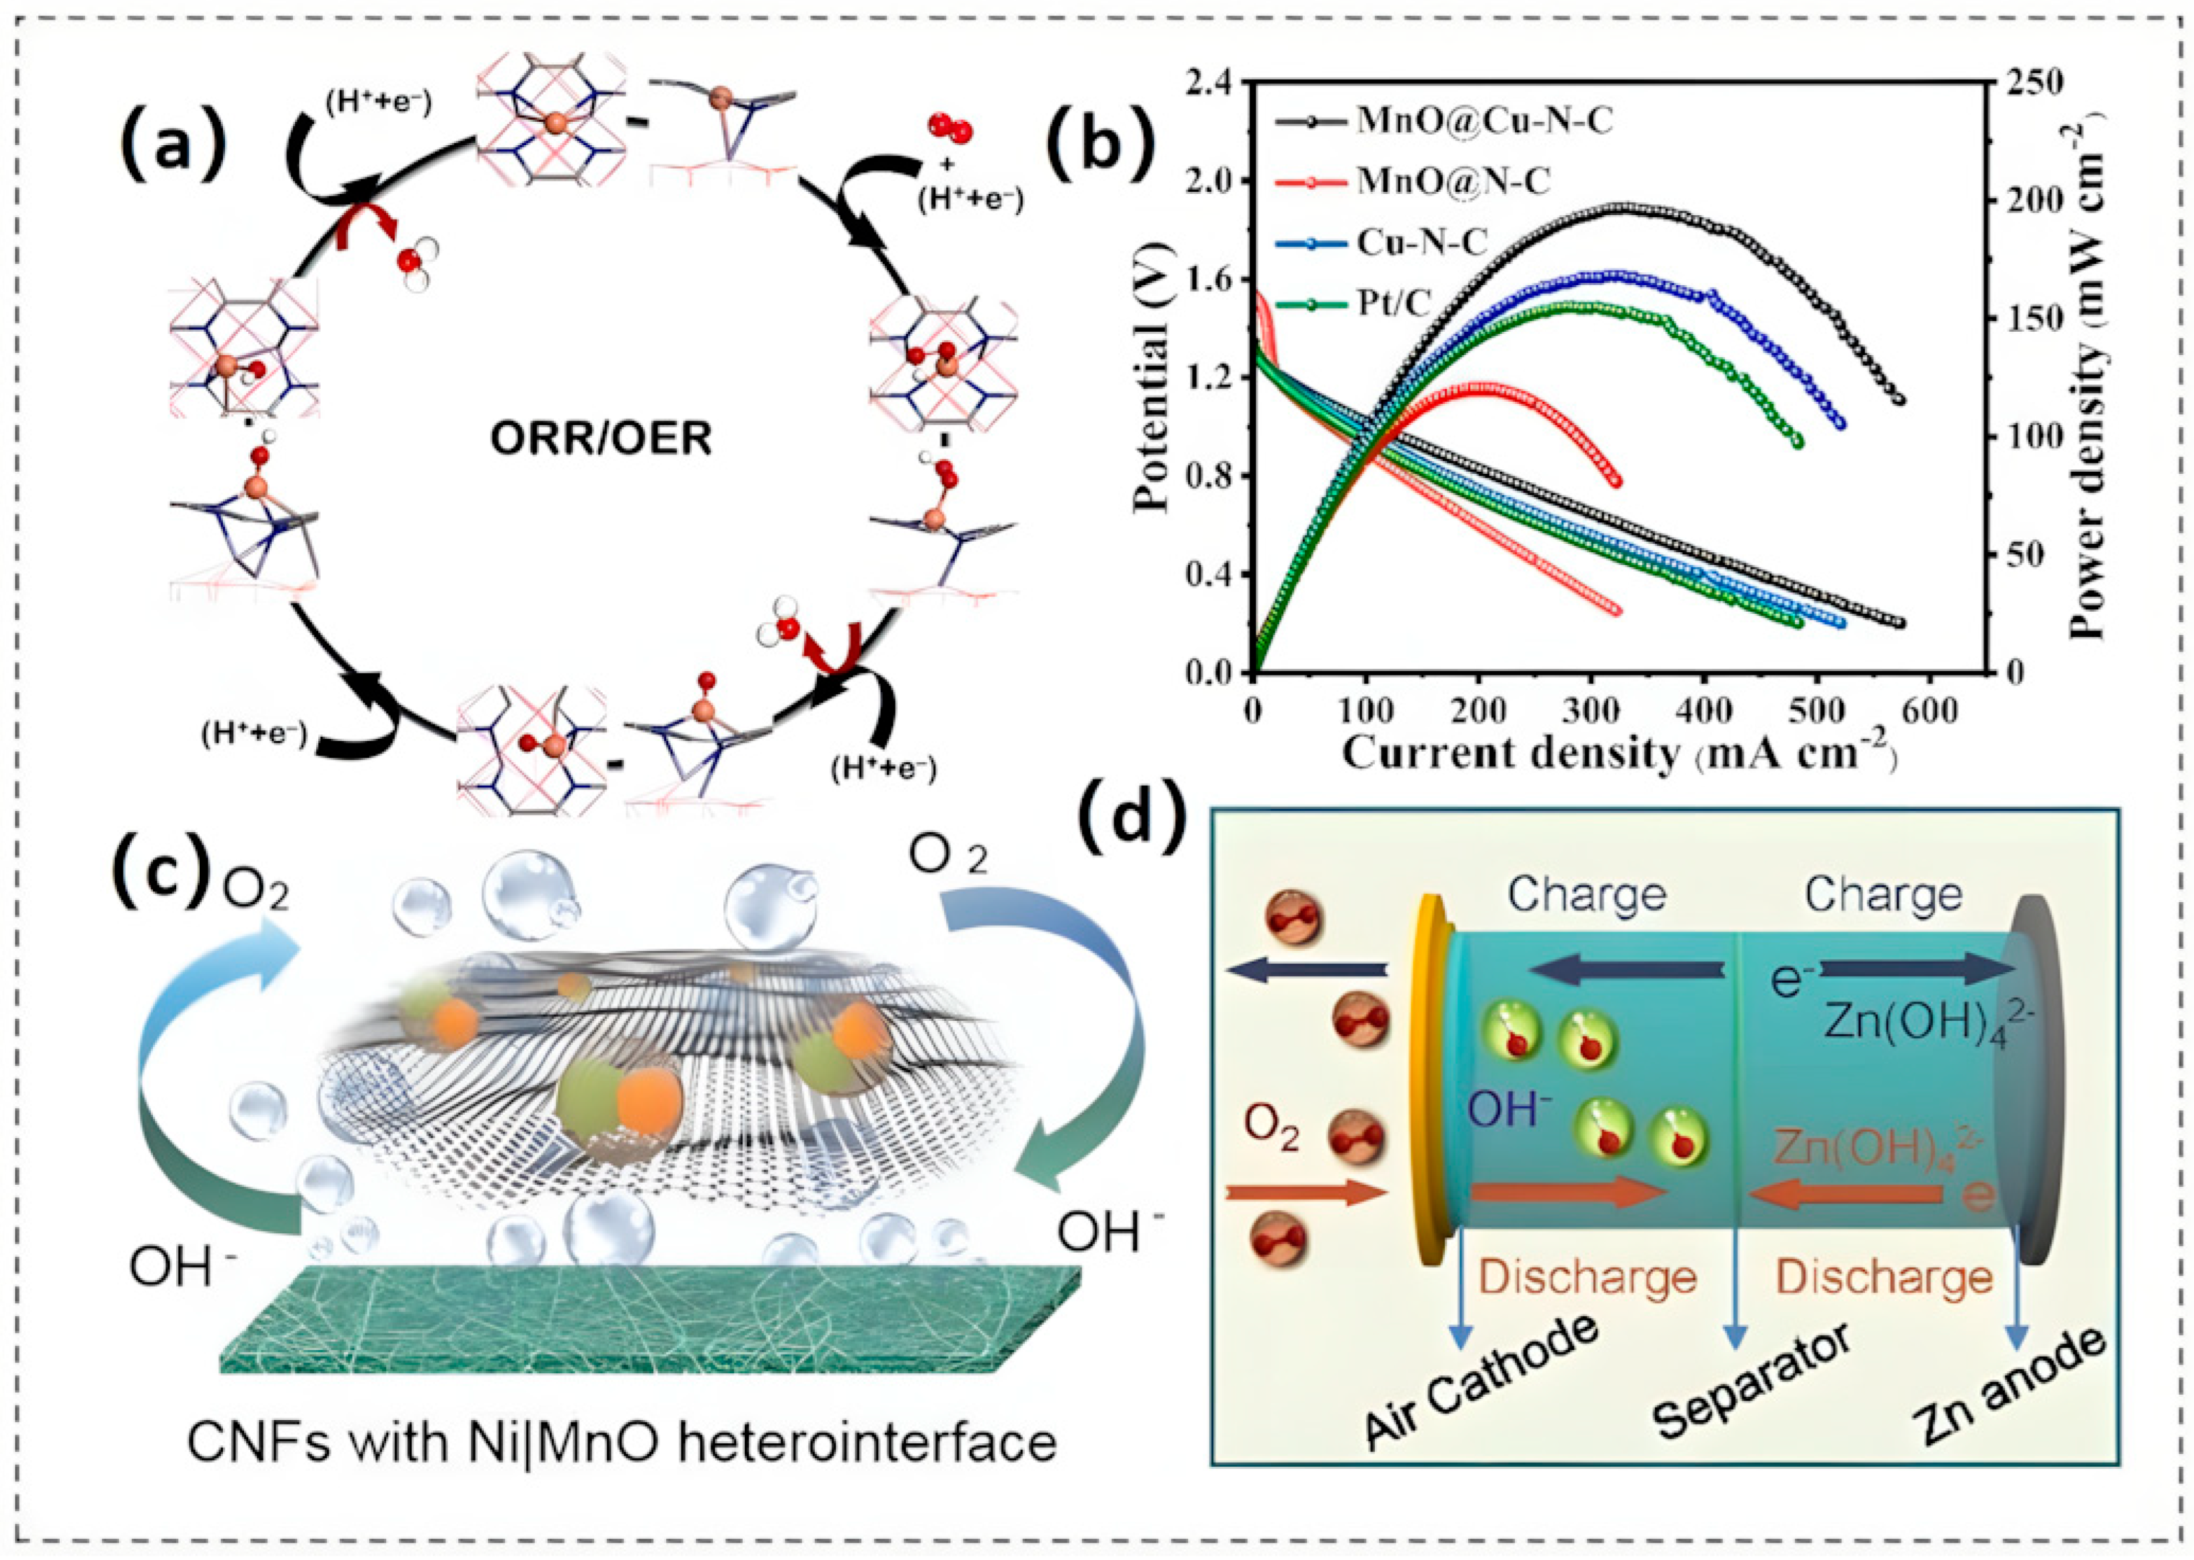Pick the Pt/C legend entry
coord(1393,303)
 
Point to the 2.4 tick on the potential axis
coord(1212,84)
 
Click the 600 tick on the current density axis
coord(1931,711)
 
